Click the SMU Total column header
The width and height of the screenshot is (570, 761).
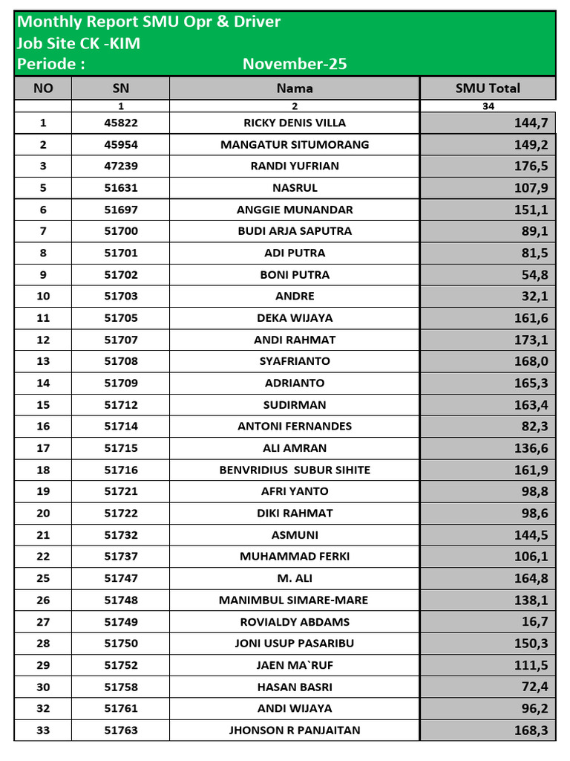click(x=488, y=88)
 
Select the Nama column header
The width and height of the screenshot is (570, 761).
click(x=295, y=88)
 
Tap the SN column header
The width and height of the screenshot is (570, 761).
click(x=120, y=88)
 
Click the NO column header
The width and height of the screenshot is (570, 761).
click(x=44, y=88)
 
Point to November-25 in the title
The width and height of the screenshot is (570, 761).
click(x=295, y=64)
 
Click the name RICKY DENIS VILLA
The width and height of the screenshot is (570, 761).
click(x=295, y=123)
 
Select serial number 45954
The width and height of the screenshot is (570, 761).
click(x=121, y=144)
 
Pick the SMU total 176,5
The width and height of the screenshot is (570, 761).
click(x=531, y=166)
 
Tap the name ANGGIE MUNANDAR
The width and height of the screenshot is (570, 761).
click(x=295, y=210)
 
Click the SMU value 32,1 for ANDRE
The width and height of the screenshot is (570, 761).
click(x=534, y=297)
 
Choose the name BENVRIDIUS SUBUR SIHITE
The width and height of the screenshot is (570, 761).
click(x=295, y=470)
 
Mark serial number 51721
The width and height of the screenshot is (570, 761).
click(x=121, y=491)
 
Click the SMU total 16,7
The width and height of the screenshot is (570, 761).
click(x=534, y=622)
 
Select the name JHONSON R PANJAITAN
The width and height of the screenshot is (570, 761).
click(x=295, y=731)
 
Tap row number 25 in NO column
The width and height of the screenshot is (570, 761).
click(x=43, y=578)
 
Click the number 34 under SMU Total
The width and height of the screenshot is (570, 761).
click(x=488, y=106)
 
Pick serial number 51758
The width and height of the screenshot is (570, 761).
click(x=121, y=687)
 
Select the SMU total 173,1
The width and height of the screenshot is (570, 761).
click(x=531, y=340)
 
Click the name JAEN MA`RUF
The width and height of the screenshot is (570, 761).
click(x=295, y=665)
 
